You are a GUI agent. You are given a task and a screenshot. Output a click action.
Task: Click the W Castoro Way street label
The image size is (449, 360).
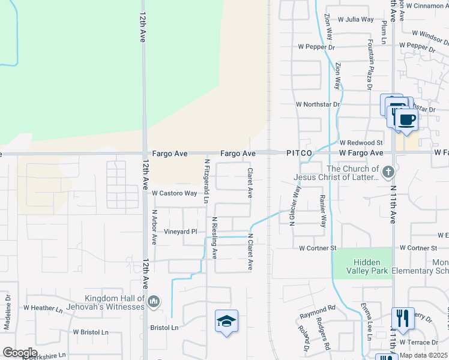point(174,193)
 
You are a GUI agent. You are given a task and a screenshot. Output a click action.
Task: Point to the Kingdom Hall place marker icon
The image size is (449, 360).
point(154,300)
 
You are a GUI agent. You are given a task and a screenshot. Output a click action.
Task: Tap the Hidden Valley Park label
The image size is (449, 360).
point(362,266)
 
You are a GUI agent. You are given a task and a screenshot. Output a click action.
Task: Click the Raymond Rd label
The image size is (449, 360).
point(318,314)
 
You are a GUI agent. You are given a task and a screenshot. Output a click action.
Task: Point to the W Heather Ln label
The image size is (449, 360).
point(43,308)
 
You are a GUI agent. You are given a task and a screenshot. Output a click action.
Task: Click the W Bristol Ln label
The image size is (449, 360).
point(90,332)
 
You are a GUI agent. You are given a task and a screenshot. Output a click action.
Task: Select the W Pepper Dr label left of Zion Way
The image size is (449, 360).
point(315,47)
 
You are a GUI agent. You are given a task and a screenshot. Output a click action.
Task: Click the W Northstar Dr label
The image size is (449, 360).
point(318,104)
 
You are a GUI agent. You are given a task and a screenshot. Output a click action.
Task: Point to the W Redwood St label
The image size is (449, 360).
point(361,143)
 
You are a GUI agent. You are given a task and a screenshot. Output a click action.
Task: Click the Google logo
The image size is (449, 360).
point(20,352)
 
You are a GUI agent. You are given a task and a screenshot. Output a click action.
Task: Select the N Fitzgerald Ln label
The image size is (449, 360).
point(206,181)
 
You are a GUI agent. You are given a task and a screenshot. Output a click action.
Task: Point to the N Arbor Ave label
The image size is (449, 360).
point(154,227)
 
